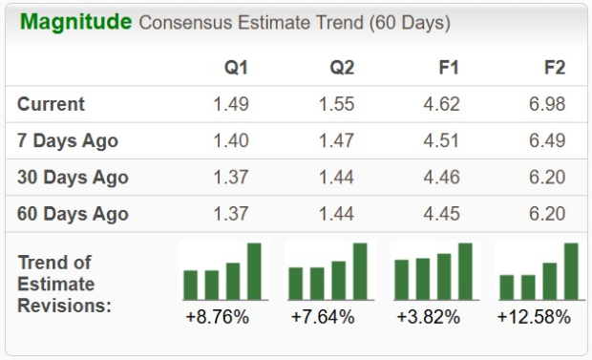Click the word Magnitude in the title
75,22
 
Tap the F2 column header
553,68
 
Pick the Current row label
51,104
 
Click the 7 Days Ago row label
68,140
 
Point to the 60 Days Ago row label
73,214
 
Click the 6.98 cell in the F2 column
547,104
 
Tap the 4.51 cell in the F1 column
441,140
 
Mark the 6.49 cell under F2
547,140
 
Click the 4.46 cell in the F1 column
441,178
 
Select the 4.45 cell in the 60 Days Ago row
441,214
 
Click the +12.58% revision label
534,316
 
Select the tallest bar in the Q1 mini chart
254,271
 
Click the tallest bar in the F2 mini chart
571,271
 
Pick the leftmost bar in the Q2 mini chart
296,284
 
